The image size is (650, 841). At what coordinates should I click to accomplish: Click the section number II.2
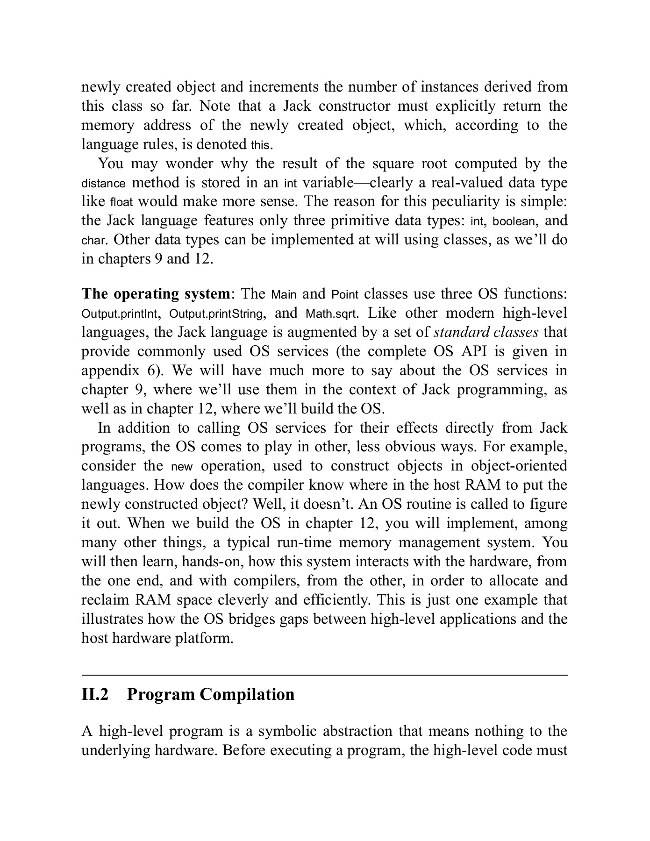[95, 694]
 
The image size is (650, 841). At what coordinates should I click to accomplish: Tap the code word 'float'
[121, 202]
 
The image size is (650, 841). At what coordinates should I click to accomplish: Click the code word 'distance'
[103, 183]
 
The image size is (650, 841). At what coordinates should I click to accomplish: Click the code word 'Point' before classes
[344, 295]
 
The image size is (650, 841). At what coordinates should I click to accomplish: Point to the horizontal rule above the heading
[325, 675]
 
